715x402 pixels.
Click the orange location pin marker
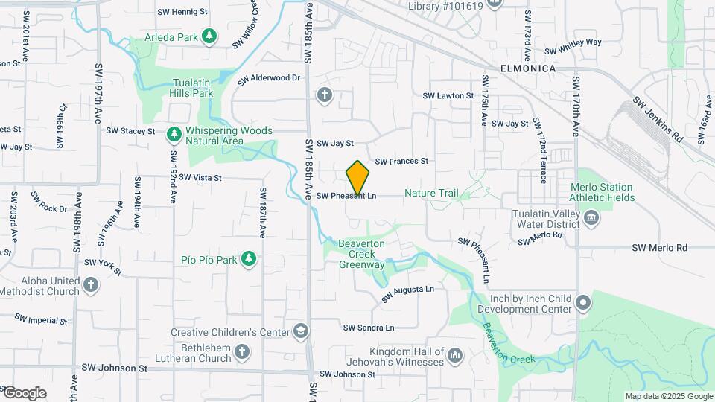[x=357, y=178]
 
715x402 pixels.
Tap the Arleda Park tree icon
[x=211, y=36]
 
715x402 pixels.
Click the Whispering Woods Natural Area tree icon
[x=174, y=134]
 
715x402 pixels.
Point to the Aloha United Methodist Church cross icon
[x=90, y=284]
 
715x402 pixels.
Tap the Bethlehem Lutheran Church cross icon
[x=241, y=351]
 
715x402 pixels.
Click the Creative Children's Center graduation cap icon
[x=301, y=331]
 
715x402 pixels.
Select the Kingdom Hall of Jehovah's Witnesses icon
[x=455, y=357]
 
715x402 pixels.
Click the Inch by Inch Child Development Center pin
[x=584, y=303]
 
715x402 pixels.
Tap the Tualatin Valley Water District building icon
[x=591, y=217]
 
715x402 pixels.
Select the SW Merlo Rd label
[x=659, y=247]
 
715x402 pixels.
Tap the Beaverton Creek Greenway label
[x=362, y=254]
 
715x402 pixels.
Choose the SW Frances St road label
[x=401, y=161]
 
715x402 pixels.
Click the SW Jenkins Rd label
[x=657, y=119]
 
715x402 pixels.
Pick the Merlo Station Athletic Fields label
[x=602, y=192]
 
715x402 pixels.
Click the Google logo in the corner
[x=24, y=393]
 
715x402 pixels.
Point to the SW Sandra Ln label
[x=369, y=327]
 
